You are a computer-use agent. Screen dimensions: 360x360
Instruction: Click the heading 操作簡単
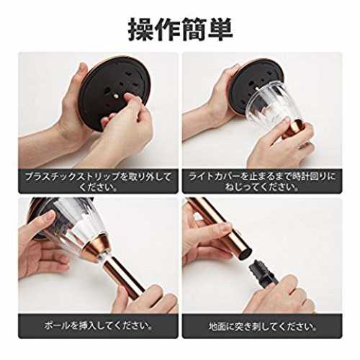coord(180,30)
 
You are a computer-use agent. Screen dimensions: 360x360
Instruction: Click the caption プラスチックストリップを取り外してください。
coord(98,181)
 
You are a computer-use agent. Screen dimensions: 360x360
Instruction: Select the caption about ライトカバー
coord(262,181)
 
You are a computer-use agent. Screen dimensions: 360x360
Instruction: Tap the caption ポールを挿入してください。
coord(98,325)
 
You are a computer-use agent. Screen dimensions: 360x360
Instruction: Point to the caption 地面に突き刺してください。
coord(262,326)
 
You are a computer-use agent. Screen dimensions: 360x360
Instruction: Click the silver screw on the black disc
coord(116,96)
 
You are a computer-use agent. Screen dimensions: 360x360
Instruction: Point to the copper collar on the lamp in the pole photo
coord(95,247)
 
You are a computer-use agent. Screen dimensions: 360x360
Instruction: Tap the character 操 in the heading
coord(140,30)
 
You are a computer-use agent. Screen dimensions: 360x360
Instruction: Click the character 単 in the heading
coord(220,30)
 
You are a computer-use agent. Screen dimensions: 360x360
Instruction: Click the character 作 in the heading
coord(167,30)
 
